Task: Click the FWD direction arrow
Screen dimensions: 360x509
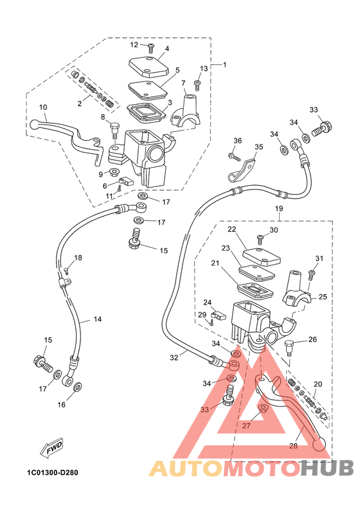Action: pyautogui.click(x=51, y=449)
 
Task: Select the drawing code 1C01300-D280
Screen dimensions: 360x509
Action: pyautogui.click(x=53, y=472)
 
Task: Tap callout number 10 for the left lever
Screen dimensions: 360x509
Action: pyautogui.click(x=43, y=107)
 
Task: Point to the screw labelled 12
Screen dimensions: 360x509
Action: pyautogui.click(x=151, y=49)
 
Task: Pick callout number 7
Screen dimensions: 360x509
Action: pyautogui.click(x=183, y=83)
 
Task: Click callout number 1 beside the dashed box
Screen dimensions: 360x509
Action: pyautogui.click(x=224, y=65)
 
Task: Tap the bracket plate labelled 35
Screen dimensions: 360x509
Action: pyautogui.click(x=241, y=170)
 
